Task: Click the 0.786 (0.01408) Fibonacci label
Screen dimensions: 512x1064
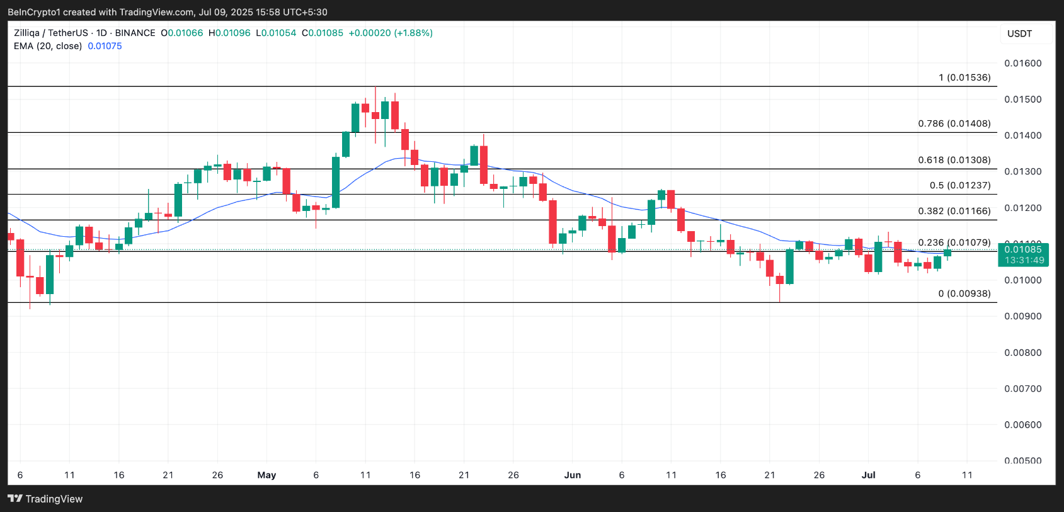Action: (954, 123)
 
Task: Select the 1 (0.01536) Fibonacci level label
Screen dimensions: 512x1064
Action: (964, 77)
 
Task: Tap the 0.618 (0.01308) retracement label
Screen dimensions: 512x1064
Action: (954, 160)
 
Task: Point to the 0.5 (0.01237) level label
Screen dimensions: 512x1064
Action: (960, 185)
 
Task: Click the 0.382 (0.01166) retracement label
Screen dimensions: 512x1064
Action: (954, 211)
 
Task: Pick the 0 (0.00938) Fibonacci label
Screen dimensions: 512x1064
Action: (964, 293)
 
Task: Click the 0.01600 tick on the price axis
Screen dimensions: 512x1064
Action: (1022, 63)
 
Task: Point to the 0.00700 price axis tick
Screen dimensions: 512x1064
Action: (1022, 389)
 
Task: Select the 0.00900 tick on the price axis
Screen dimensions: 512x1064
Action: (1022, 316)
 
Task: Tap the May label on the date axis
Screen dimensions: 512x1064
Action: (266, 475)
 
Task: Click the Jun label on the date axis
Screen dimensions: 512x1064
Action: (572, 475)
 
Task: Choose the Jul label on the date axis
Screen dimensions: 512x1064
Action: (868, 475)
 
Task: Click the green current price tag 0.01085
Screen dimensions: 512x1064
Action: (1023, 250)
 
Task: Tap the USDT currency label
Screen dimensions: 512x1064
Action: (1019, 33)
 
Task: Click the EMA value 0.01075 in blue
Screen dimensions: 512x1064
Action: (105, 46)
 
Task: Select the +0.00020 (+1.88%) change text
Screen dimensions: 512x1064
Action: (391, 33)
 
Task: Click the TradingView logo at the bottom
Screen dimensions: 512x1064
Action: (45, 499)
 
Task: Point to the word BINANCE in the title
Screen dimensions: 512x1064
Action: (135, 33)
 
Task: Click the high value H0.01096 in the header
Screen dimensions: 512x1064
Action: (229, 33)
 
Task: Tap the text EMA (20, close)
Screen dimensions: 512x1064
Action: (48, 46)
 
